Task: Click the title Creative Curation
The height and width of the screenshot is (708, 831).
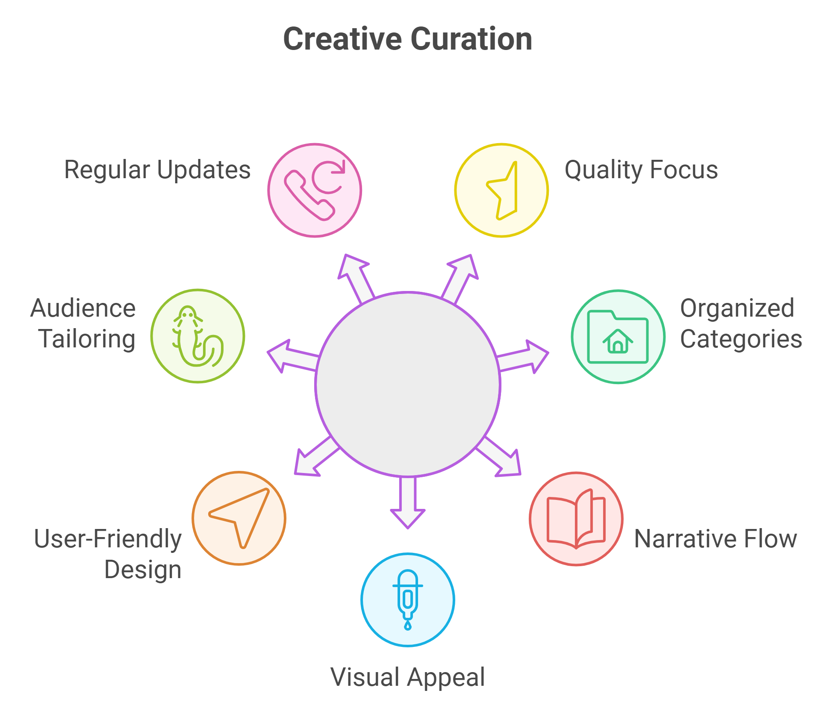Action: pos(407,39)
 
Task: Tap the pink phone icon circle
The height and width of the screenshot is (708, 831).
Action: pos(315,190)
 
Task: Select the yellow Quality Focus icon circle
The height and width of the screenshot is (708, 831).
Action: pos(501,190)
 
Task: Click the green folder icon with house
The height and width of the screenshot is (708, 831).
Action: pos(618,337)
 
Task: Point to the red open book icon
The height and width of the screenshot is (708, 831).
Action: pos(576,519)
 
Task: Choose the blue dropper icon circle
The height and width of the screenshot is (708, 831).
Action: pos(408,600)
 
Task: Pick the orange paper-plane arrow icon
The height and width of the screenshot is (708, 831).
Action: pos(239,518)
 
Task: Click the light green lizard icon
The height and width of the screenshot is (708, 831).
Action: pos(197,336)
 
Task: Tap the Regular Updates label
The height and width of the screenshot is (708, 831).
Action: pos(157,170)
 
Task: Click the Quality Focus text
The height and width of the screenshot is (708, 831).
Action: pos(641,170)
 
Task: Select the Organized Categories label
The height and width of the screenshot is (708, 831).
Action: pos(741,323)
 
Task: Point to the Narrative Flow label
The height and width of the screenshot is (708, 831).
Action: pos(715,539)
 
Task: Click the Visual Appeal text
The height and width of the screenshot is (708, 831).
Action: pos(408,677)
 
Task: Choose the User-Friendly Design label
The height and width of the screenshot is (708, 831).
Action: pos(108,554)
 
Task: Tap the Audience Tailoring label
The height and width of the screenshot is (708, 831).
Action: pos(83,323)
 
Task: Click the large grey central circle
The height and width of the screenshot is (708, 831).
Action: pos(408,384)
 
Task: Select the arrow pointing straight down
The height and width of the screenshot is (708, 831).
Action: pos(408,504)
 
